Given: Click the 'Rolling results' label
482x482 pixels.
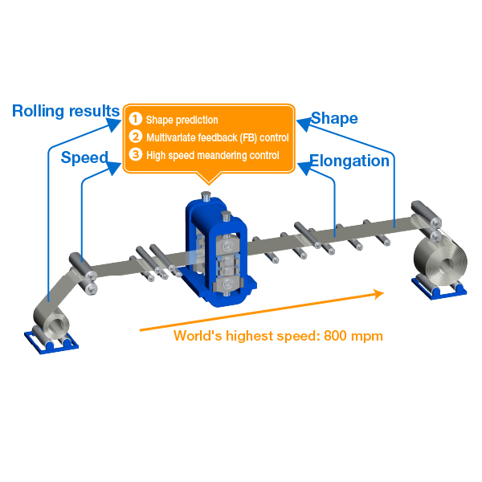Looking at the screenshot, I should (x=66, y=110).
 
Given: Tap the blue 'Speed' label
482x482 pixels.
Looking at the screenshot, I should (x=84, y=157).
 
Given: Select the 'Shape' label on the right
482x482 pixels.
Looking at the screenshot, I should (x=334, y=118).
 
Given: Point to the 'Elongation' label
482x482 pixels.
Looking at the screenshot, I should (x=349, y=161).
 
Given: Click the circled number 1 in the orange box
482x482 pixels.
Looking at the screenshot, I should (x=136, y=120).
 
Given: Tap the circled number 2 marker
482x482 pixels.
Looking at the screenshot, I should (x=136, y=137).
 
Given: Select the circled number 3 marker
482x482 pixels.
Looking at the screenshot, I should (x=136, y=154).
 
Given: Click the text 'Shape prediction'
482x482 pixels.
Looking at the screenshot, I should (x=182, y=120).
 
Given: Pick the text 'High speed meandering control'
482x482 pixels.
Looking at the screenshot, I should (x=213, y=155).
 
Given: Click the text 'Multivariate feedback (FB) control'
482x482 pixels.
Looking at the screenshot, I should (x=217, y=138).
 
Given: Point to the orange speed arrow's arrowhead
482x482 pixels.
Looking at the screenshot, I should (x=378, y=294).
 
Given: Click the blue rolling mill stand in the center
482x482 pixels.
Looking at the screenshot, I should (x=219, y=249).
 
